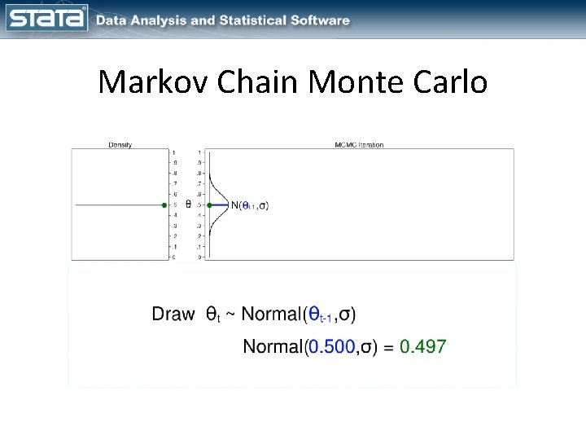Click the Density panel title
pyautogui.click(x=120, y=145)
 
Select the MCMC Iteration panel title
pyautogui.click(x=359, y=145)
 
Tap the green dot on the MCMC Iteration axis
pyautogui.click(x=209, y=205)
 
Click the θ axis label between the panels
pyautogui.click(x=189, y=204)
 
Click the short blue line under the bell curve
pyautogui.click(x=221, y=205)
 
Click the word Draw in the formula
pyautogui.click(x=173, y=314)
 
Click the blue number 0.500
pyautogui.click(x=330, y=346)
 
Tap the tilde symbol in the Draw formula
pyautogui.click(x=230, y=315)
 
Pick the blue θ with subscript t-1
pyautogui.click(x=319, y=315)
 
